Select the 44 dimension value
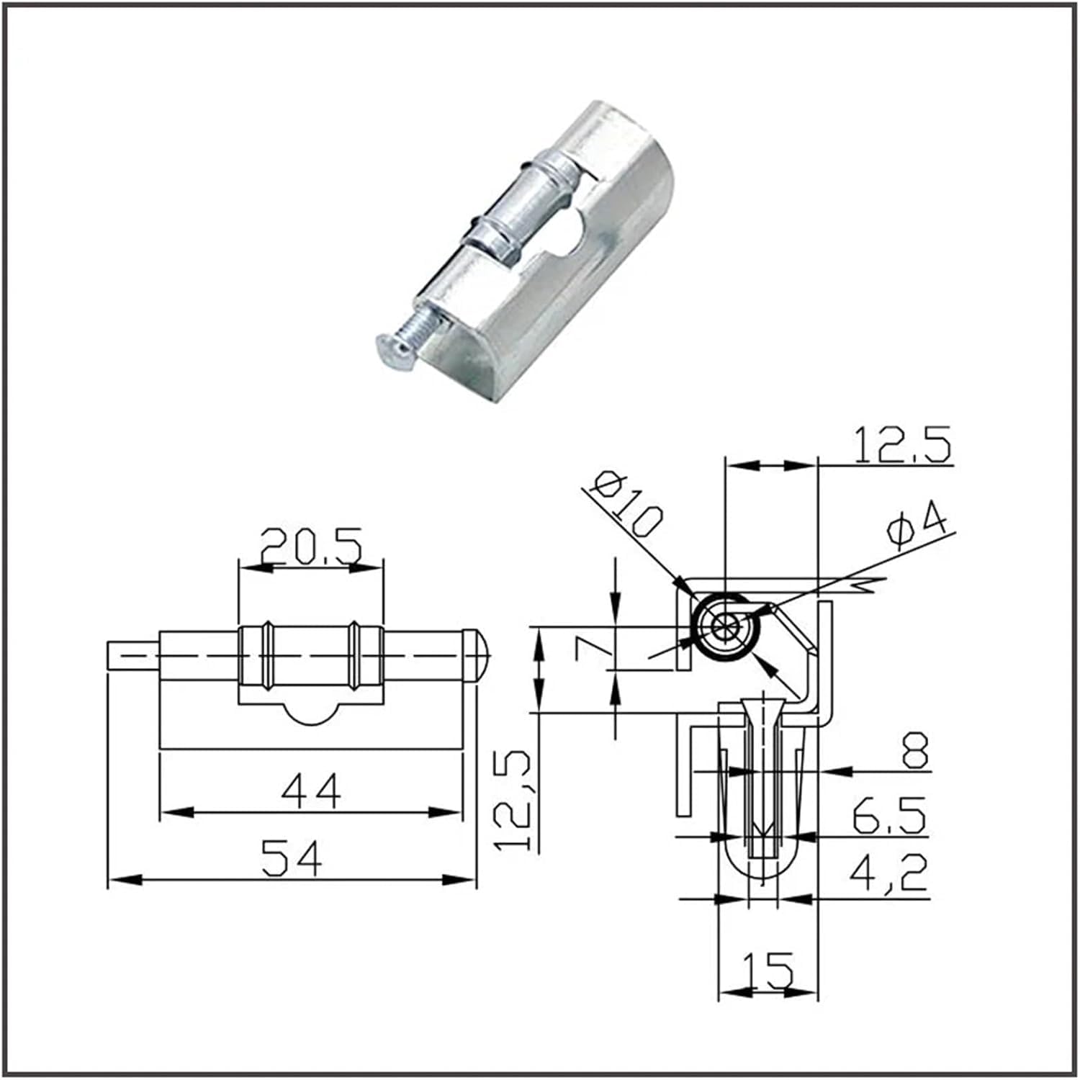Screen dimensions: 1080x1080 point(311,791)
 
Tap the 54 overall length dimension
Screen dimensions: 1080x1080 point(292,858)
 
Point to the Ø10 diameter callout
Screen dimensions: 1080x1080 point(624,503)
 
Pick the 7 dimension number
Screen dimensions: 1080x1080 point(595,648)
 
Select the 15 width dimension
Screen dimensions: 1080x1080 point(768,969)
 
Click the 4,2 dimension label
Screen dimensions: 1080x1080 point(888,873)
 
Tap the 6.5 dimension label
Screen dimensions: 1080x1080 point(888,815)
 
